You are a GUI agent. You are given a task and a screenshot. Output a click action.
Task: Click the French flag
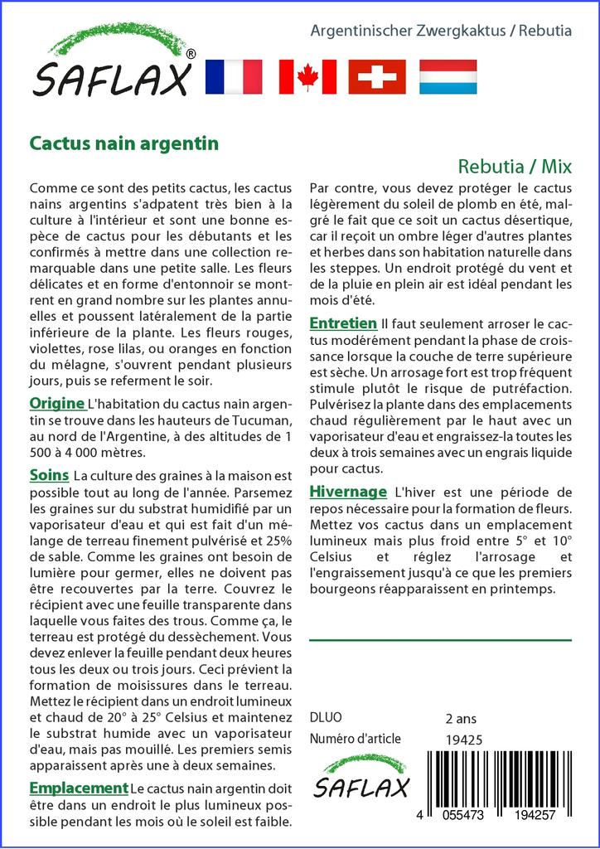(x=233, y=76)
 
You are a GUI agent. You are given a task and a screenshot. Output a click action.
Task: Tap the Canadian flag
(x=307, y=76)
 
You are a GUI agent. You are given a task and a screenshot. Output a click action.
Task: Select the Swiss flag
(x=377, y=76)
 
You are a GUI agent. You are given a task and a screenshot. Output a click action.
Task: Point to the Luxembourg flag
(x=448, y=76)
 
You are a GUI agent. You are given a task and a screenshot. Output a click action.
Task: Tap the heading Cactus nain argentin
(x=123, y=143)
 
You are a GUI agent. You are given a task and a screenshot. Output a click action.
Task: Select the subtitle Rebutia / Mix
(x=514, y=166)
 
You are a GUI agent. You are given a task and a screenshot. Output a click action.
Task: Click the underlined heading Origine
(x=56, y=404)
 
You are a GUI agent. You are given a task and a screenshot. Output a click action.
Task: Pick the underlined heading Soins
(x=49, y=476)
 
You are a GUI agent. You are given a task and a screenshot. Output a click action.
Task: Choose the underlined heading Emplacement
(x=79, y=788)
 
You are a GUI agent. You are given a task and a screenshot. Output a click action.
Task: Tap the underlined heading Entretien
(x=343, y=323)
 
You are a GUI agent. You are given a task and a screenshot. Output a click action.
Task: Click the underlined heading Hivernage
(x=348, y=491)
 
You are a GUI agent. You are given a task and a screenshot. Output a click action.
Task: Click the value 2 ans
(x=461, y=718)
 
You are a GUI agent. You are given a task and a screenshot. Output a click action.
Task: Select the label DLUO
(x=325, y=718)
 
